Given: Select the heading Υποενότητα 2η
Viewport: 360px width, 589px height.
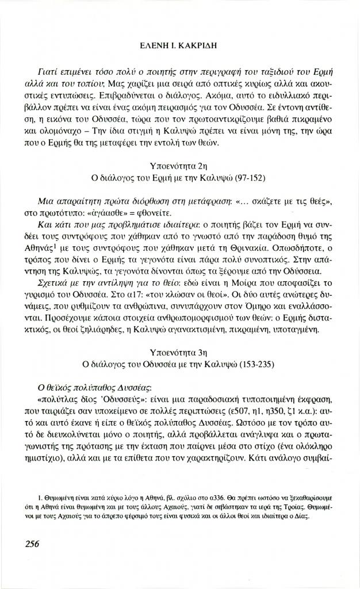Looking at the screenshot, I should [x=181, y=166].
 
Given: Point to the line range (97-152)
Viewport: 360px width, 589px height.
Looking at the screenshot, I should [x=246, y=177].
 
